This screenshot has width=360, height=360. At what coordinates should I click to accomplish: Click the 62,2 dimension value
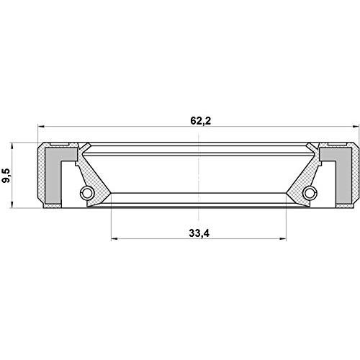201,121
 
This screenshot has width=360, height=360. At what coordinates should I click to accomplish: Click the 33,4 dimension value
199,233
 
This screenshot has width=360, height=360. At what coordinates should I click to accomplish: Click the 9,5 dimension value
6,176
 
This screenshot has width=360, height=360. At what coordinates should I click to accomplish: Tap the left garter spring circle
86,193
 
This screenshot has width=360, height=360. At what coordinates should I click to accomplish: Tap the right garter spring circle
310,193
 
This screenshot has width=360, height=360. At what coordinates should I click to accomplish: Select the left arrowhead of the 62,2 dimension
41,126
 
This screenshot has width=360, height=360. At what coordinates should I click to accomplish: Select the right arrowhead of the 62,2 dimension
356,126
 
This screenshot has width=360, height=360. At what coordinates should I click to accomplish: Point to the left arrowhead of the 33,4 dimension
114,238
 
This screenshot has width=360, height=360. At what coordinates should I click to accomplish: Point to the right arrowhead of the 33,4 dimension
283,238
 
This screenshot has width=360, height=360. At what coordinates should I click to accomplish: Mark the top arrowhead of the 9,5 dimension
12,145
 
